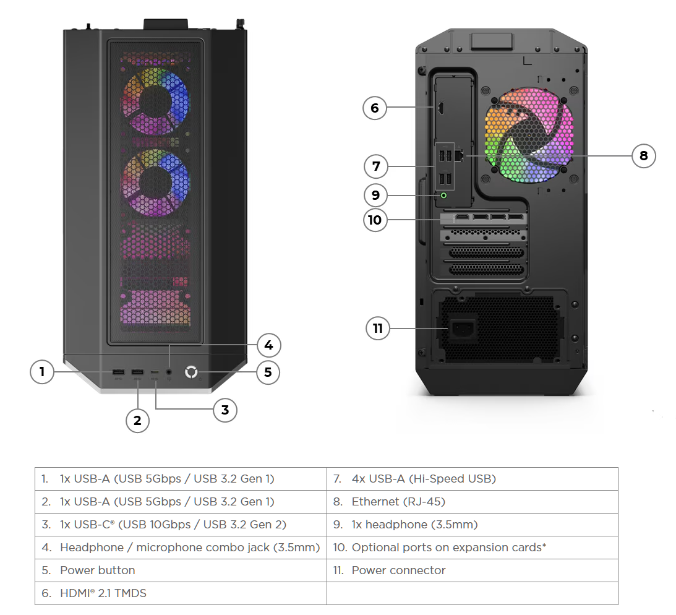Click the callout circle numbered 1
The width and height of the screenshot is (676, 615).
click(42, 372)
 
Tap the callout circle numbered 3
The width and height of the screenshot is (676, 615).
click(225, 409)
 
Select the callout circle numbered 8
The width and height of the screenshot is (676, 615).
click(643, 155)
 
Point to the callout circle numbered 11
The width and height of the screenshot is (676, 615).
click(378, 328)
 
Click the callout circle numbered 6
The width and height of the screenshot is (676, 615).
click(374, 108)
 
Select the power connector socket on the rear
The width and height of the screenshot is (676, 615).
click(463, 328)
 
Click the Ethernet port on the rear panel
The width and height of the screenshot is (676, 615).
click(458, 155)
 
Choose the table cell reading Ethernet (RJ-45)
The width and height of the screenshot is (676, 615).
click(472, 501)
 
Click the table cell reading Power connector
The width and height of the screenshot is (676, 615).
click(472, 570)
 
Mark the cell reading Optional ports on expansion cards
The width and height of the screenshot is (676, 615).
click(472, 547)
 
